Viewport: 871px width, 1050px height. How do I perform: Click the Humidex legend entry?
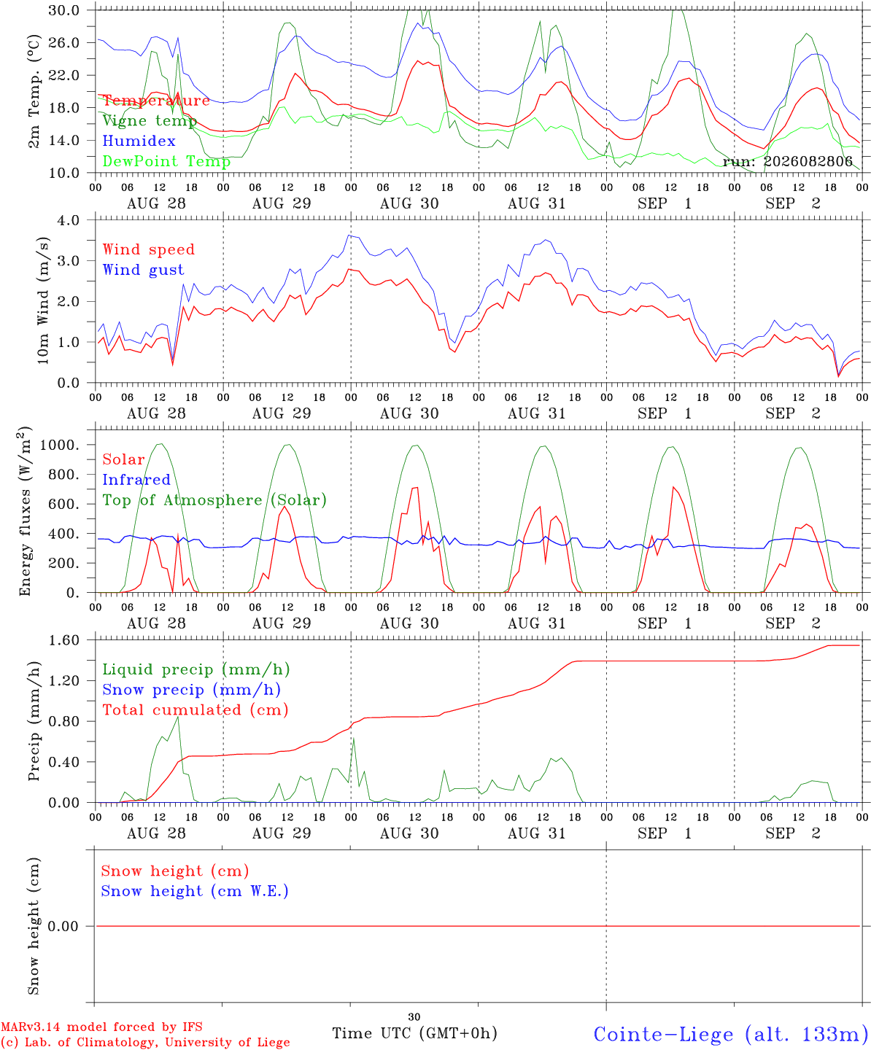point(139,141)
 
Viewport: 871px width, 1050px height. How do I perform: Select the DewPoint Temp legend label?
point(166,161)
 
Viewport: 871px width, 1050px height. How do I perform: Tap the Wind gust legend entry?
point(144,270)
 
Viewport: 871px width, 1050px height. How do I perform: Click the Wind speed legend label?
point(148,249)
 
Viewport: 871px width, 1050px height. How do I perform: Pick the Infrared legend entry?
point(136,480)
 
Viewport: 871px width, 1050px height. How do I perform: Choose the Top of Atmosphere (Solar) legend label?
point(215,500)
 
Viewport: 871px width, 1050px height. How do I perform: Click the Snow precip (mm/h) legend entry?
point(192,690)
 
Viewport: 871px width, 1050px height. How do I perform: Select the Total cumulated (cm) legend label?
point(196,709)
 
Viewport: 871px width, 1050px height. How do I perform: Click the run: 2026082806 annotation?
point(788,161)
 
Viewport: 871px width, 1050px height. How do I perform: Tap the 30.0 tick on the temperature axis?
point(64,10)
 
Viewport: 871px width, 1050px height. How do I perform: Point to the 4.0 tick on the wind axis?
point(69,220)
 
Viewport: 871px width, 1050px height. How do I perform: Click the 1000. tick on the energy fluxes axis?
point(60,445)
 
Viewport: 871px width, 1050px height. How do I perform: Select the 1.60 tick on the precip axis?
point(64,640)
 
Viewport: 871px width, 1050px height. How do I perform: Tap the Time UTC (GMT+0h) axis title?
point(414,1033)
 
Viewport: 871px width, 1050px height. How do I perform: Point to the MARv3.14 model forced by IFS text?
point(101,1027)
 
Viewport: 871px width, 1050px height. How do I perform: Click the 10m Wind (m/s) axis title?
point(43,300)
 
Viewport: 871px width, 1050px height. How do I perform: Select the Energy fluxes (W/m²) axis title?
point(24,511)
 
